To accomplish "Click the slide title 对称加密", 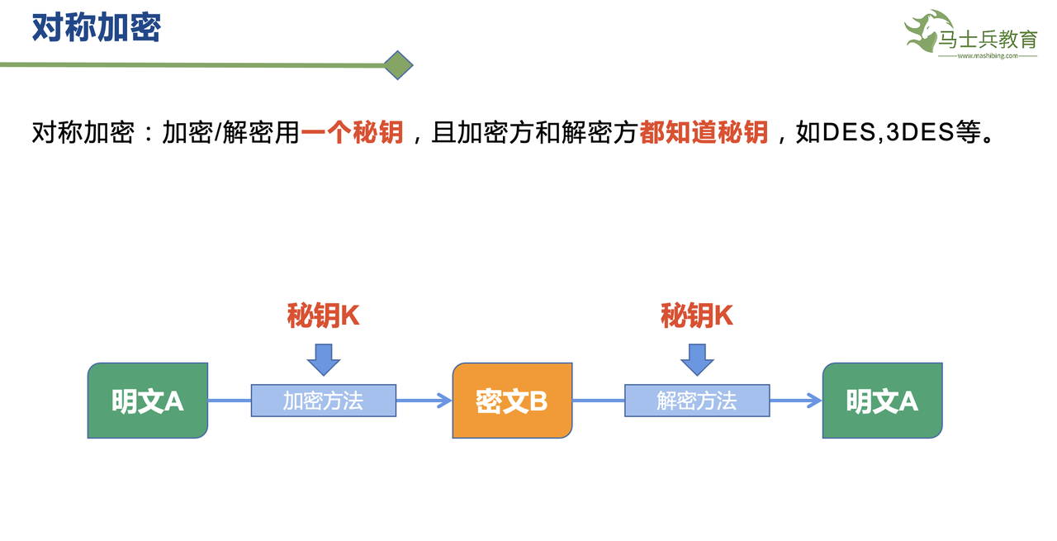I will (97, 27).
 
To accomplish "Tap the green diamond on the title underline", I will (399, 65).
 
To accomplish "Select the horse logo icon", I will (926, 31).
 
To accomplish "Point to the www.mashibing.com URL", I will (987, 56).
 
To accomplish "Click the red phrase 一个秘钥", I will (353, 132).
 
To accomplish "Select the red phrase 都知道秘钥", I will (704, 132).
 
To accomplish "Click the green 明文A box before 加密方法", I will (148, 401).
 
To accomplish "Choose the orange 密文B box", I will (512, 401).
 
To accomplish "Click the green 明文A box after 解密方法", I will (882, 401).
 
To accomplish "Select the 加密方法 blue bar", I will (323, 401).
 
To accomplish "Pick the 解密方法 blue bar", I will (696, 401).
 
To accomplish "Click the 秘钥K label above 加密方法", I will (323, 316).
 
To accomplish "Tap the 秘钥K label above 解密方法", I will (696, 316).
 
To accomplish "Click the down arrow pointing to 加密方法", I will (323, 359).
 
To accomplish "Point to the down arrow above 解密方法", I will (697, 359).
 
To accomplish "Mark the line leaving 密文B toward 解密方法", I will (598, 401).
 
